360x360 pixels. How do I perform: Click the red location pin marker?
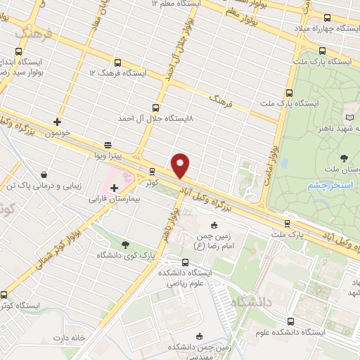click(181, 166)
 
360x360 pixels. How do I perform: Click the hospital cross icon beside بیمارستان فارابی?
click(114, 187)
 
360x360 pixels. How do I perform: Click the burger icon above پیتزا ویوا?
click(106, 141)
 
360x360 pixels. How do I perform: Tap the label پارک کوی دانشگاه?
click(125, 255)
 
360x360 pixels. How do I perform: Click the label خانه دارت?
click(68, 338)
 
